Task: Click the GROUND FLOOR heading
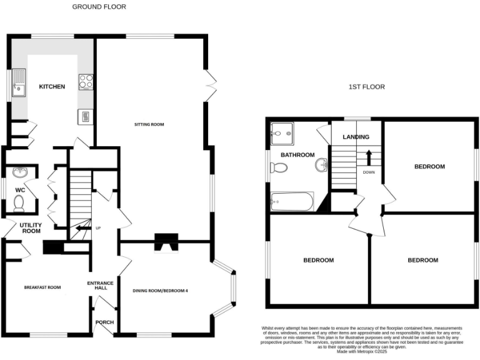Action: [x=99, y=7]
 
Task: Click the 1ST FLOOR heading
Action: [x=366, y=87]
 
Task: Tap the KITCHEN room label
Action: [x=52, y=87]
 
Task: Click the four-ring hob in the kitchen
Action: [x=86, y=81]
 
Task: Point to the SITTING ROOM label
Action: [x=149, y=124]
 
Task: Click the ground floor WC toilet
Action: [x=19, y=203]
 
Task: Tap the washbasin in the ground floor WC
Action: [x=19, y=172]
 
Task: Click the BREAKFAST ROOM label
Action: [x=42, y=287]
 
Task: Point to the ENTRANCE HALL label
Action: [x=101, y=285]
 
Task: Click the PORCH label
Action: [x=102, y=322]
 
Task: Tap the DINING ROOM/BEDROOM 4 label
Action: [x=161, y=291]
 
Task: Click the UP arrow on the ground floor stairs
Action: [x=81, y=229]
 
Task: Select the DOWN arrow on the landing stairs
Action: [x=369, y=156]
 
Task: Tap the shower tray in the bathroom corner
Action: [x=281, y=132]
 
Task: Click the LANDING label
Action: [x=356, y=137]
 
